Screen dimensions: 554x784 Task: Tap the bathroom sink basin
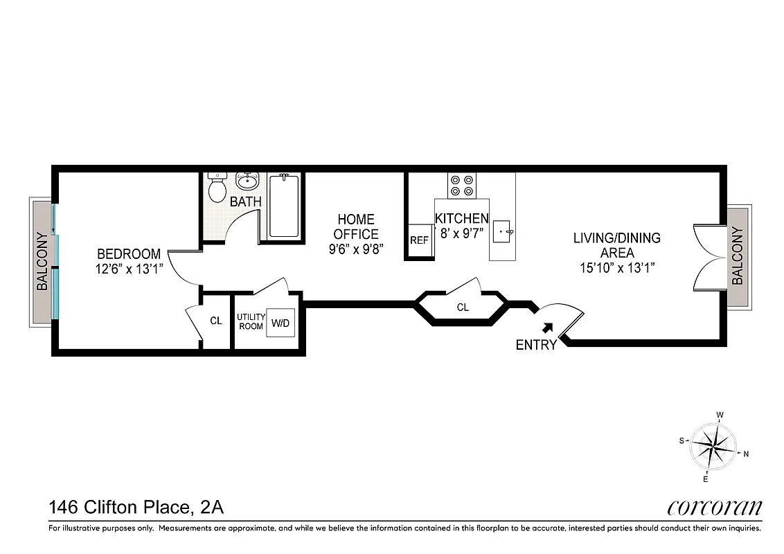(247, 181)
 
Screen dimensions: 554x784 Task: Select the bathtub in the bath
(283, 206)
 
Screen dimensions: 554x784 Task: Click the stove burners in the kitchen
(462, 184)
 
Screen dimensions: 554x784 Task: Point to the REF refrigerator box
(419, 241)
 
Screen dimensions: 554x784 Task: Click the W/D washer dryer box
(280, 323)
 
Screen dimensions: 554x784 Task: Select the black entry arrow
(548, 326)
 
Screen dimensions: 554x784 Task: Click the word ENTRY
(536, 345)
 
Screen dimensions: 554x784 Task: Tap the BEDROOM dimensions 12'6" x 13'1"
(129, 269)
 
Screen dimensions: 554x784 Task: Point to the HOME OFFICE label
(356, 226)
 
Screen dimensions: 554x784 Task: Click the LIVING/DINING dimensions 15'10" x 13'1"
(616, 267)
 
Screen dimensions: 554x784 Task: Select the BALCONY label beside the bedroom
(42, 262)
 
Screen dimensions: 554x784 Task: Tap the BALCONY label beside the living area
(737, 256)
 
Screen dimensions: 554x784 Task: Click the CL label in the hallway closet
(463, 307)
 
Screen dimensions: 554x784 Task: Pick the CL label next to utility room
(216, 321)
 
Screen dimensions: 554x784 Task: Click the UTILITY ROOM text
(251, 321)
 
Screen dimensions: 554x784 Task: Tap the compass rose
(713, 447)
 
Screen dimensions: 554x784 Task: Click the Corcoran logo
(714, 508)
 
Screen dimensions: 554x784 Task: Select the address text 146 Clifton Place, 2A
(136, 508)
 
